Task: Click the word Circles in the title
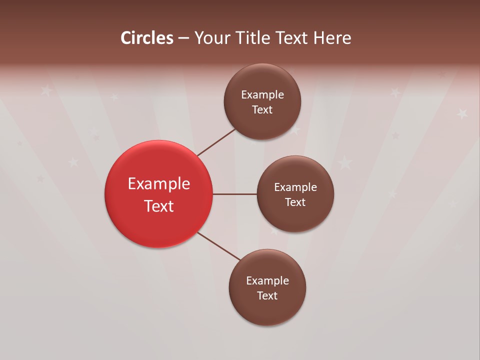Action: [147, 38]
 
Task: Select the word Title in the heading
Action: [254, 38]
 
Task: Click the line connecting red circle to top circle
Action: [216, 142]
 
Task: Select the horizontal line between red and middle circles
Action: [234, 194]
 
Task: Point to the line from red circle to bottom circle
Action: [218, 246]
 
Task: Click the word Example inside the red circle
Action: [159, 184]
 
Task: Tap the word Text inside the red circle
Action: [159, 206]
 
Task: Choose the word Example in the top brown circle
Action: [262, 95]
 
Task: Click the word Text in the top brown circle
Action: [262, 110]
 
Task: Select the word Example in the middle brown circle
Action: [295, 187]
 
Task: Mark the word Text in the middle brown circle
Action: [295, 202]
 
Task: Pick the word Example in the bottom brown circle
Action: [267, 281]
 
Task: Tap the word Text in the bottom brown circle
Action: [267, 296]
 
